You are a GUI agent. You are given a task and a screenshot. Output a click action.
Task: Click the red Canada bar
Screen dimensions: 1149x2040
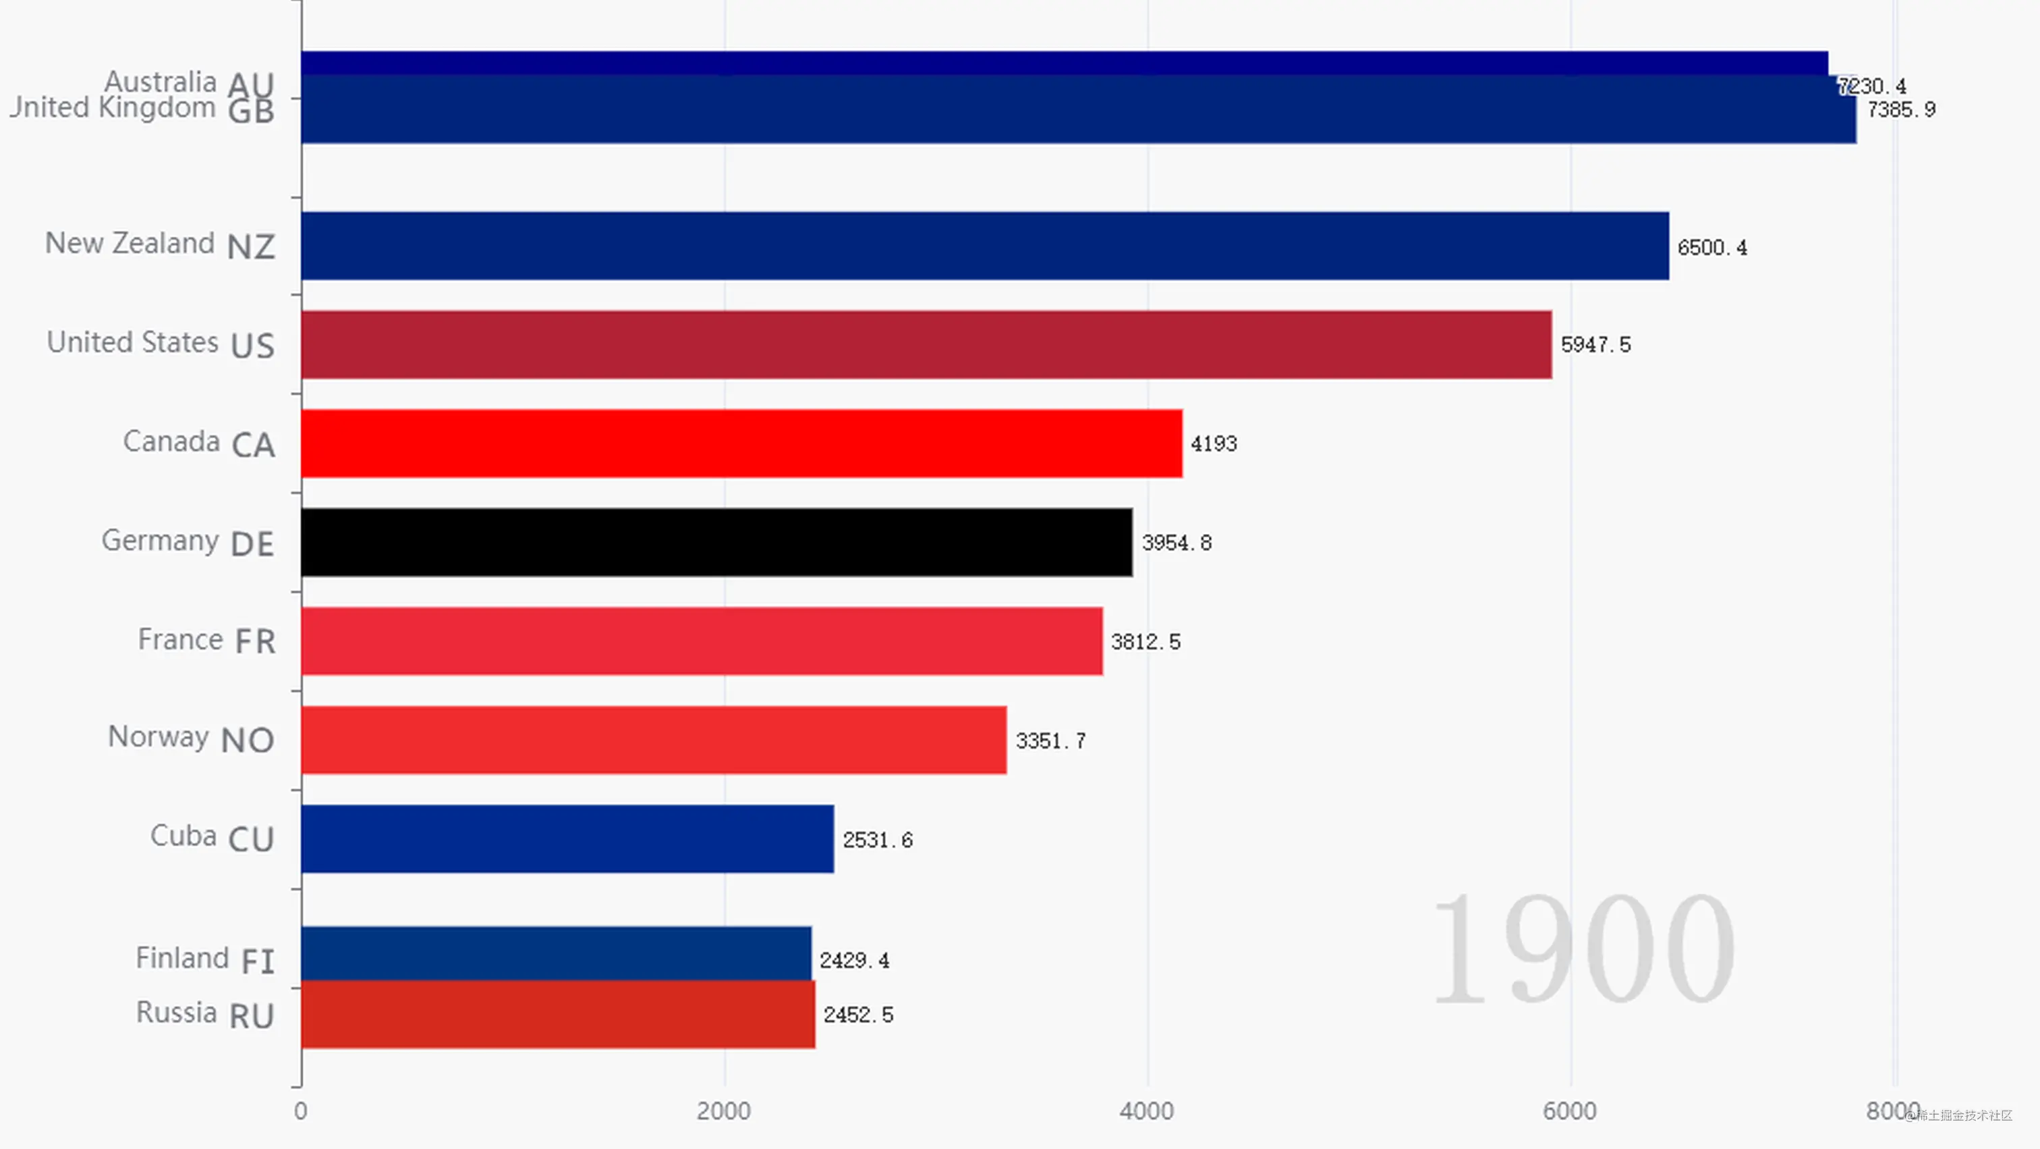741,443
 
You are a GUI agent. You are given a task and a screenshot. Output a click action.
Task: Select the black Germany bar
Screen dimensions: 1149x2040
716,542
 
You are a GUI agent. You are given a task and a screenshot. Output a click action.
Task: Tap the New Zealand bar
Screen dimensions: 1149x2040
984,246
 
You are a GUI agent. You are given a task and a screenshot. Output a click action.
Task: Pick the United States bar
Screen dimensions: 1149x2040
926,344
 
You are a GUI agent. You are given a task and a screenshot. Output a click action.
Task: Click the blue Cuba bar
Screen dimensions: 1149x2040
567,838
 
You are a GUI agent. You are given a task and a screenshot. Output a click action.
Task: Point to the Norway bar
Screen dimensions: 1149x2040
653,739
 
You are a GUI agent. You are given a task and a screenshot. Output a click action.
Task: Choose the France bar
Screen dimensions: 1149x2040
702,640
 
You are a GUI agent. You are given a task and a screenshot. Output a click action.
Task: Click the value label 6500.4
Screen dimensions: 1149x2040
1711,248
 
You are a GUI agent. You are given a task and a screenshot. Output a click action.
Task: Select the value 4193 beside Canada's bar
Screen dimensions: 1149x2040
1213,444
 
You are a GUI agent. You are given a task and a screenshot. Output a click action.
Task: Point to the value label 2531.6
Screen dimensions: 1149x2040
877,840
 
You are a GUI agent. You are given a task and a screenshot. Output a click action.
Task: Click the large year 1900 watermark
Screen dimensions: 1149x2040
1582,948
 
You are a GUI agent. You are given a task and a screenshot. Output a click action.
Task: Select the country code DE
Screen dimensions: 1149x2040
252,544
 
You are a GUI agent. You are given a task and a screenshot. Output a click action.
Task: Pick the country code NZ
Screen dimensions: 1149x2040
250,247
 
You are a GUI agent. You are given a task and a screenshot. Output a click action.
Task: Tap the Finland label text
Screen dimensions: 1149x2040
182,958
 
